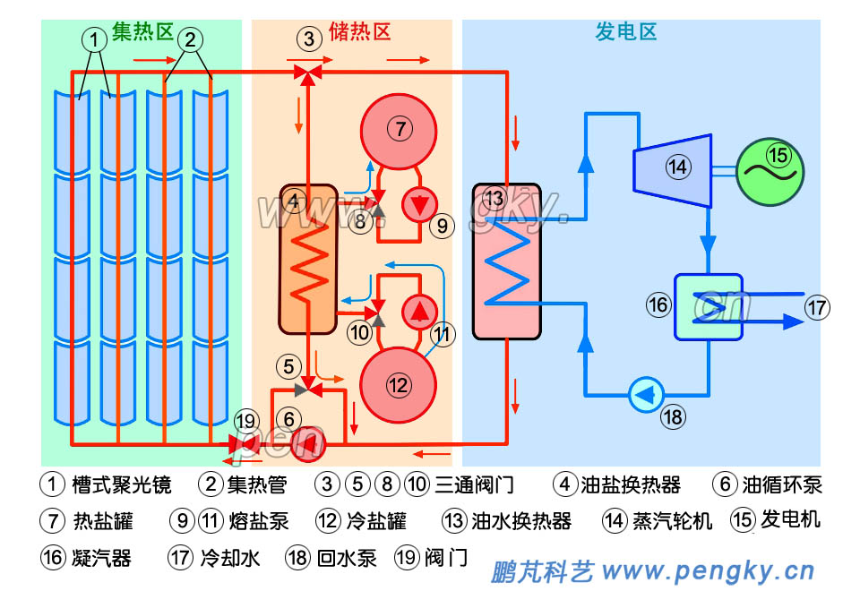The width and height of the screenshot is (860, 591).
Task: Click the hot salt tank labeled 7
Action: tap(399, 129)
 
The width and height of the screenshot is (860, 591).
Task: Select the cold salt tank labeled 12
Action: tap(397, 384)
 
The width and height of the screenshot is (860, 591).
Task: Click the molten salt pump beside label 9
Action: tap(417, 205)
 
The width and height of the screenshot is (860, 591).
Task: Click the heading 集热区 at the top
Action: tap(142, 33)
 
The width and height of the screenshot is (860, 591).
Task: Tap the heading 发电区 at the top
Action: tap(626, 33)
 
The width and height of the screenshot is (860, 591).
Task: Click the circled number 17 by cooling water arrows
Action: tap(816, 308)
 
